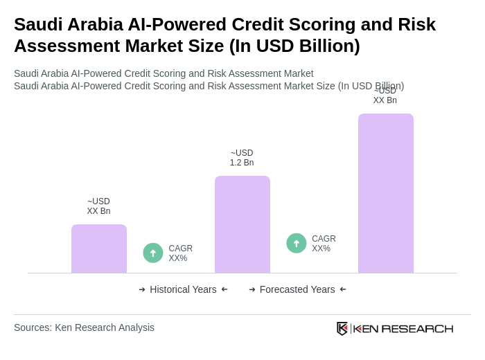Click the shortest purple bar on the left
[x=99, y=249]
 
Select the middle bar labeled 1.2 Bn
[x=242, y=224]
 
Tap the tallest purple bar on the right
[x=386, y=193]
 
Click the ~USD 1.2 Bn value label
[x=242, y=158]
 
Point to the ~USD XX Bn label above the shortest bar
[x=98, y=206]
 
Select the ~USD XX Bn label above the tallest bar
[x=385, y=96]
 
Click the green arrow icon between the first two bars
[x=153, y=253]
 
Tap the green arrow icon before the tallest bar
[x=297, y=243]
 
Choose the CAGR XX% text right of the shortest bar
[x=180, y=253]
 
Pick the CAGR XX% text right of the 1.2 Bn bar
[x=324, y=244]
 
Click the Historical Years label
[x=183, y=289]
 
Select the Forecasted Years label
[x=297, y=289]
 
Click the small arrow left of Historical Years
[x=142, y=289]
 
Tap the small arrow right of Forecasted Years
[x=343, y=289]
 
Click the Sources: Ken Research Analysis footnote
[x=84, y=327]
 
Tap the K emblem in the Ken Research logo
[x=342, y=328]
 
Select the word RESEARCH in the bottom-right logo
[x=417, y=328]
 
